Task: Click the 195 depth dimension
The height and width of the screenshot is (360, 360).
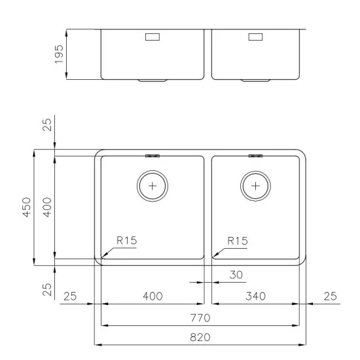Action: (x=59, y=54)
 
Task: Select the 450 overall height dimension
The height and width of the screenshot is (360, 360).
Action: (x=27, y=208)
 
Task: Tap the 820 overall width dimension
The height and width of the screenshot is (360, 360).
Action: (x=200, y=336)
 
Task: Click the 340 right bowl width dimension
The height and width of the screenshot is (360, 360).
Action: (x=255, y=297)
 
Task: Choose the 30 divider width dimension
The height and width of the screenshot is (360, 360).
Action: (x=237, y=276)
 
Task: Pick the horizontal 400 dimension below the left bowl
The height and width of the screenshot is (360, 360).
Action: (x=152, y=297)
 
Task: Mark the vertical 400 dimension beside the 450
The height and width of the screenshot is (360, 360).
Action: (x=47, y=208)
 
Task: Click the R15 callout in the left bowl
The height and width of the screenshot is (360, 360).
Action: (x=126, y=241)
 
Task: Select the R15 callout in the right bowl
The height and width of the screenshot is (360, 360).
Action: (x=238, y=241)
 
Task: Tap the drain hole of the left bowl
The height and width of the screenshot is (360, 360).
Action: (x=153, y=185)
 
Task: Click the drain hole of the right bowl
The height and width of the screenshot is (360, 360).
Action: (x=255, y=185)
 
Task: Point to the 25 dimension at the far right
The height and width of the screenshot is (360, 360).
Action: (x=330, y=297)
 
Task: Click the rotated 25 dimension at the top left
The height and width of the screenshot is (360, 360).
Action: (x=47, y=124)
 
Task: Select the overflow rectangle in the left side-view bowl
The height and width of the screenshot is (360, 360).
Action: (x=152, y=37)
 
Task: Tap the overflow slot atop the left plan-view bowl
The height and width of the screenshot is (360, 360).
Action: (x=153, y=156)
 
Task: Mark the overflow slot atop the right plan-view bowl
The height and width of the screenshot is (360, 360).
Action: (x=255, y=156)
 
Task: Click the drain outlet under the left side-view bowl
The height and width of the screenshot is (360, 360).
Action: (x=152, y=81)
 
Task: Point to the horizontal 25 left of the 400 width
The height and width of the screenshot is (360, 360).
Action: (x=70, y=297)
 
